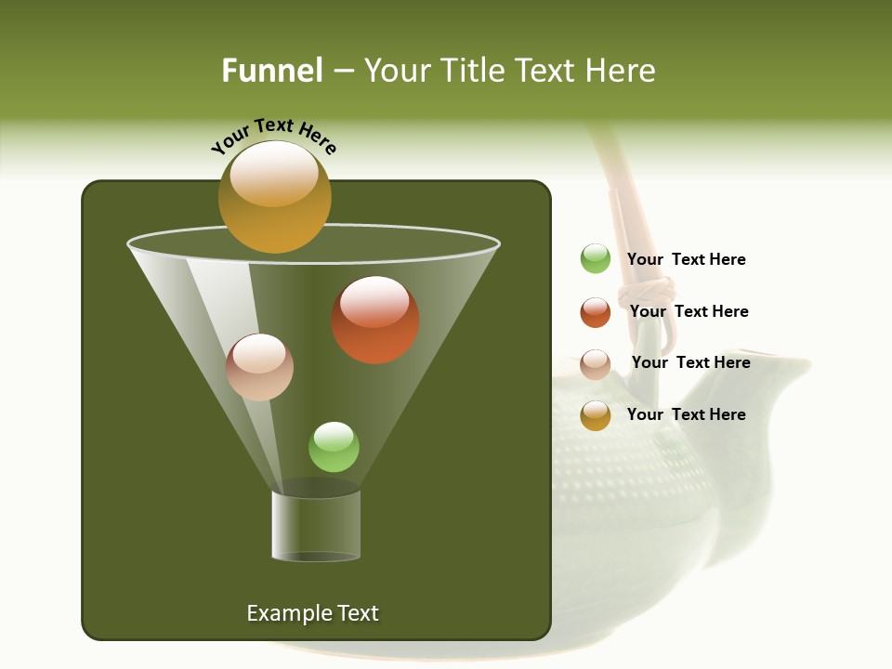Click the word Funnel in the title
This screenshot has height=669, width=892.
click(x=271, y=71)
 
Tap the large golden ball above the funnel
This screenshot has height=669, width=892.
click(x=275, y=197)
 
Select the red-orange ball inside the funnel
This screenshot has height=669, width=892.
click(x=375, y=320)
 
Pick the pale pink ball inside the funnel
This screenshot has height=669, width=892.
click(x=260, y=367)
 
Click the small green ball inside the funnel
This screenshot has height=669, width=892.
click(x=334, y=447)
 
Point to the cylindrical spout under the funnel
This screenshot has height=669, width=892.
click(x=316, y=526)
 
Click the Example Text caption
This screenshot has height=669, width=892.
click(x=312, y=613)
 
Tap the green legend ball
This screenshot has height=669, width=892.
click(x=596, y=259)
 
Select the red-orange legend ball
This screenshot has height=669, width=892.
click(x=596, y=312)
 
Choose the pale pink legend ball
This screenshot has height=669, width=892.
click(x=596, y=363)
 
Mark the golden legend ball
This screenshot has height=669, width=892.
click(x=596, y=415)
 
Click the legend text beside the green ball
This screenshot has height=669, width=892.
click(x=686, y=260)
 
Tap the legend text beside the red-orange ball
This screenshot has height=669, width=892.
click(x=689, y=312)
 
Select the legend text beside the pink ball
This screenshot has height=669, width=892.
click(x=690, y=363)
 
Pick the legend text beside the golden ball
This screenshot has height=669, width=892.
click(x=686, y=415)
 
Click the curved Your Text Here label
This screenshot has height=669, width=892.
click(x=273, y=135)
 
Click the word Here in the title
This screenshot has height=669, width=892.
click(x=621, y=71)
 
